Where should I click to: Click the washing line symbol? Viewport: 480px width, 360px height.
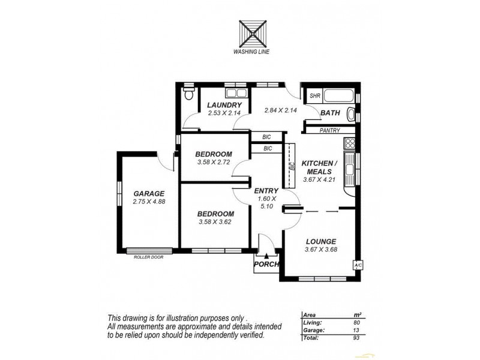(x=252, y=32)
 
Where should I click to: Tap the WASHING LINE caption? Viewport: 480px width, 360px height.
(x=252, y=52)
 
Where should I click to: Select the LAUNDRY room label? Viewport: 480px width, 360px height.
(x=224, y=105)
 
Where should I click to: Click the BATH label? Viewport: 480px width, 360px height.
(x=330, y=113)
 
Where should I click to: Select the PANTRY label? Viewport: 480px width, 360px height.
(x=329, y=130)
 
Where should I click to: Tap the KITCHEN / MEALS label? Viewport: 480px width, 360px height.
(x=319, y=168)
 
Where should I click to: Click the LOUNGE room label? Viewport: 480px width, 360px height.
(x=319, y=241)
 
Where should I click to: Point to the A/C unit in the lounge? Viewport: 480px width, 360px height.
(x=358, y=265)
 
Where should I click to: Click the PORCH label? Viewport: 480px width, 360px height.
(x=265, y=264)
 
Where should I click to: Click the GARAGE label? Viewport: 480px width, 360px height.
(x=149, y=194)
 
